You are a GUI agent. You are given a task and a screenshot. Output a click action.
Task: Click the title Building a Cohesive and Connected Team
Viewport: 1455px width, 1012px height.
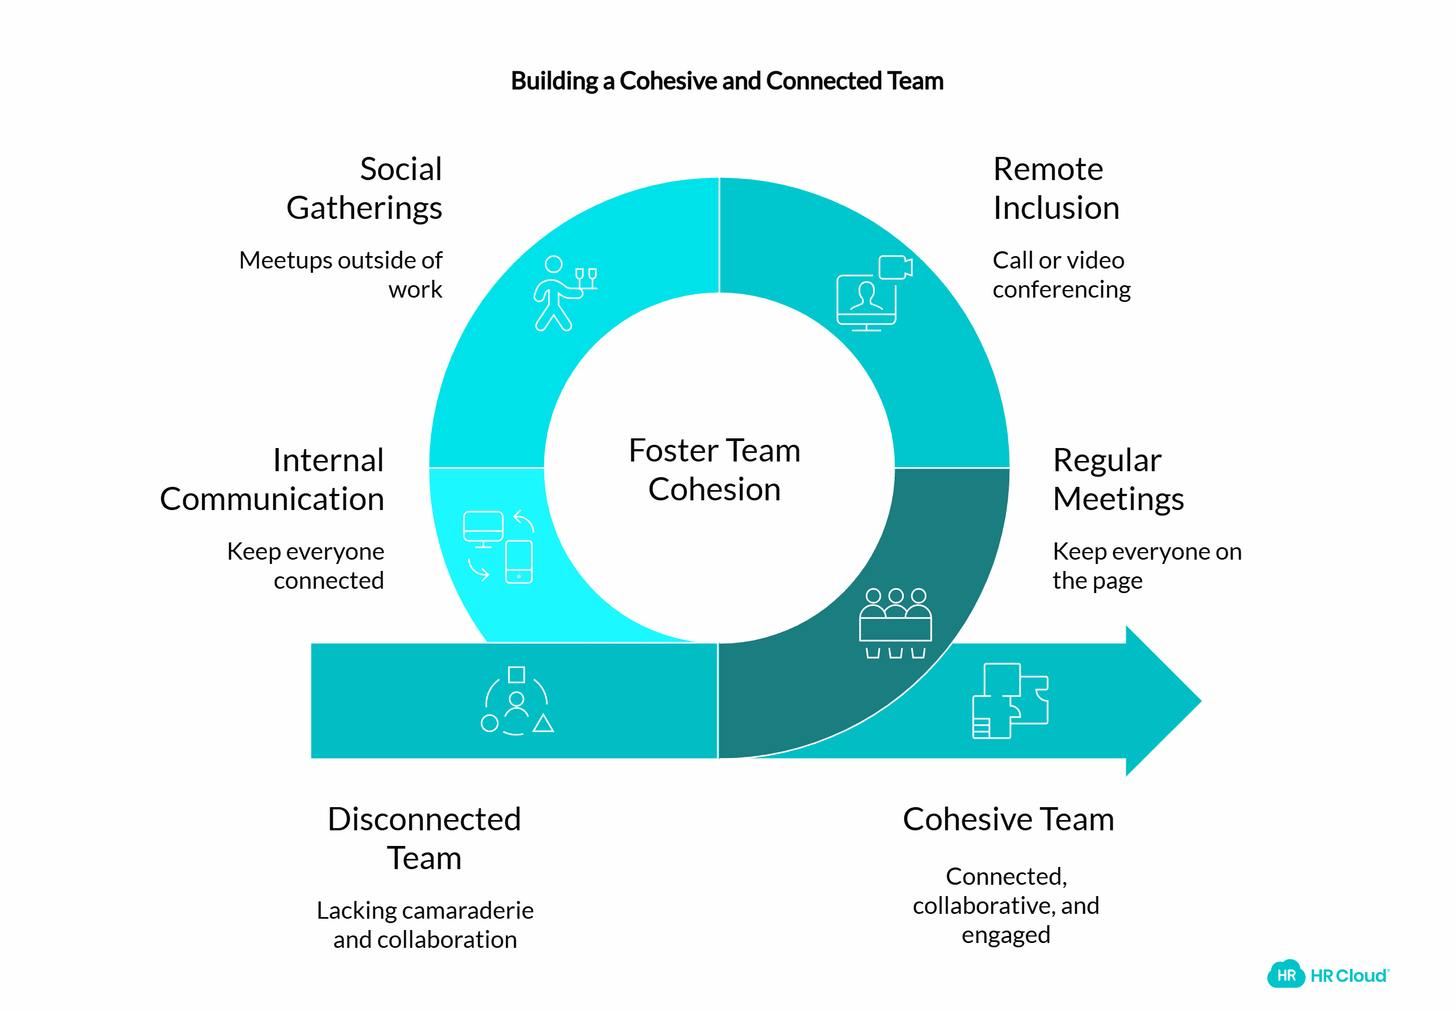click(x=727, y=81)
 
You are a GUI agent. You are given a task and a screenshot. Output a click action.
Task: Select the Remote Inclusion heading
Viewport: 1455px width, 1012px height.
click(x=1056, y=188)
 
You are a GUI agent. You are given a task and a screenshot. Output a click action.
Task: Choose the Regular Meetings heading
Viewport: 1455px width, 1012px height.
click(x=1118, y=479)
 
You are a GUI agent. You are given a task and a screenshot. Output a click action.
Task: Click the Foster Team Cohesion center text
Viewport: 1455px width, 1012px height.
click(x=714, y=470)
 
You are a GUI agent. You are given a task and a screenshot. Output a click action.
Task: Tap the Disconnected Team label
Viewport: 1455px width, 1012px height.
click(x=424, y=838)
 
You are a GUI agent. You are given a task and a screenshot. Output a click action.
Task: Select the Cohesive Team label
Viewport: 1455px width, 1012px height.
click(x=1008, y=819)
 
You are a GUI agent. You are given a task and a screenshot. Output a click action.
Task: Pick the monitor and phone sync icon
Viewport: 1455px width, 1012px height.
click(x=498, y=546)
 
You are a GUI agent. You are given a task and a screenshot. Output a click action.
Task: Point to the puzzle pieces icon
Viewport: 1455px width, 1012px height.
click(x=1010, y=701)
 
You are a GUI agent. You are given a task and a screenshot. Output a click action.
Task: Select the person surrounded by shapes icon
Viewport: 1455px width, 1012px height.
click(x=516, y=701)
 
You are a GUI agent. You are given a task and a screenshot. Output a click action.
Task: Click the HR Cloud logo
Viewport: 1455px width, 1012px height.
click(x=1328, y=975)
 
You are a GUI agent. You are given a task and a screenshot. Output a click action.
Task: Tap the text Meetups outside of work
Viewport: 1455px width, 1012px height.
click(x=341, y=274)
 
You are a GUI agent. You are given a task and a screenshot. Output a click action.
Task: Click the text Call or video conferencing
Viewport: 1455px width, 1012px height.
click(x=1062, y=274)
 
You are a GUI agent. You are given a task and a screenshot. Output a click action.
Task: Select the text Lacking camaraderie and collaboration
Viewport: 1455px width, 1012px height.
click(x=425, y=925)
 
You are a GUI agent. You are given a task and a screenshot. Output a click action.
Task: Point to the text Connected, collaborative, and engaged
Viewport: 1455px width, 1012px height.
click(x=1006, y=905)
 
